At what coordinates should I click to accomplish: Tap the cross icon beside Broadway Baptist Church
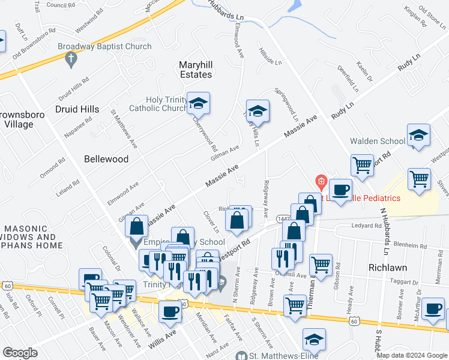point(71,59)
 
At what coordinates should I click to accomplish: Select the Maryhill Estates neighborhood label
point(196,70)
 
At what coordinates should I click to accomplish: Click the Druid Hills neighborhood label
point(77,109)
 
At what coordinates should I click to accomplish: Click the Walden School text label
point(378,141)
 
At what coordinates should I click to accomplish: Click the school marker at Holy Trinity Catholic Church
point(197,104)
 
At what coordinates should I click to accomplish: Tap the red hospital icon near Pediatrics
point(321,181)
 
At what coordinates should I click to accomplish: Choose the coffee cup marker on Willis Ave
point(170,312)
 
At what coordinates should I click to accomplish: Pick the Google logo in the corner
point(20,353)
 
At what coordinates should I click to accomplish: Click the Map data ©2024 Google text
point(411,355)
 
